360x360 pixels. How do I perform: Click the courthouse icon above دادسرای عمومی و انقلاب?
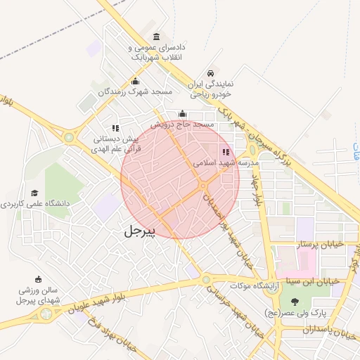pos(155,37)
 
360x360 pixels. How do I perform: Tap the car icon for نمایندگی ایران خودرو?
pos(210,73)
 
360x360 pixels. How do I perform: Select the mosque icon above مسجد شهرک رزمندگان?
pos(135,81)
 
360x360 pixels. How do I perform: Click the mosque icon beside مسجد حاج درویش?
pos(183,114)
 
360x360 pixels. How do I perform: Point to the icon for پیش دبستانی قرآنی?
pos(115,128)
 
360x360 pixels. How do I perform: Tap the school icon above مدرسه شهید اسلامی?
pos(226,151)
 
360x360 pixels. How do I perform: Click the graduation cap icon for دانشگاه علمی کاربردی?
pos(34,193)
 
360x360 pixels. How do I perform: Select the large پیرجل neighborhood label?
pos(139,230)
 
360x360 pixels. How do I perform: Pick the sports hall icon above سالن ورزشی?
pos(38,279)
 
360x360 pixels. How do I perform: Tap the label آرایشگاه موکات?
pos(256,285)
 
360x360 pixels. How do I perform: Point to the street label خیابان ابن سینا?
pos(314,281)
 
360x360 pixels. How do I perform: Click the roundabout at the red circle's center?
pos(202,185)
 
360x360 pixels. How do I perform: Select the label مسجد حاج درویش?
pos(185,124)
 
